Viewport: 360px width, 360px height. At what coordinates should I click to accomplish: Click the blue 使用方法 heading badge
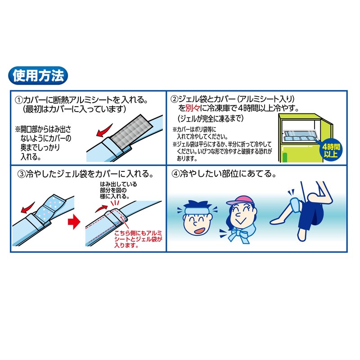tap(38, 76)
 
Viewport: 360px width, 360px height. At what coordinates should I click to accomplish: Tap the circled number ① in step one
tap(19, 100)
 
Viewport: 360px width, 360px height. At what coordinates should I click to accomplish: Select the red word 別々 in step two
tap(193, 108)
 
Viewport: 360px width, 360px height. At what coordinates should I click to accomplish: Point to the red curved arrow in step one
tap(104, 131)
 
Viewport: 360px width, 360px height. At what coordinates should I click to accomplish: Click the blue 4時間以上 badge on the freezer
tap(331, 150)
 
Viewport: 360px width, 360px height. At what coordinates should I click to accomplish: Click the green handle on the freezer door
tap(285, 157)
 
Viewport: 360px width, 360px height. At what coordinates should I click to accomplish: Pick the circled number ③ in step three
tap(21, 175)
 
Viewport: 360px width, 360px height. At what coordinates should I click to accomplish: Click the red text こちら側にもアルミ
tap(138, 233)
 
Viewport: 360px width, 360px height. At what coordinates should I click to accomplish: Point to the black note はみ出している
tap(118, 184)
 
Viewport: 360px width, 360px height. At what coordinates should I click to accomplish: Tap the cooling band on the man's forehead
tap(197, 210)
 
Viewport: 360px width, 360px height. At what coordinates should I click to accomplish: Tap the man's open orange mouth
tap(199, 230)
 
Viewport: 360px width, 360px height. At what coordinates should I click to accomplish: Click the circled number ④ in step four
tap(175, 174)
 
